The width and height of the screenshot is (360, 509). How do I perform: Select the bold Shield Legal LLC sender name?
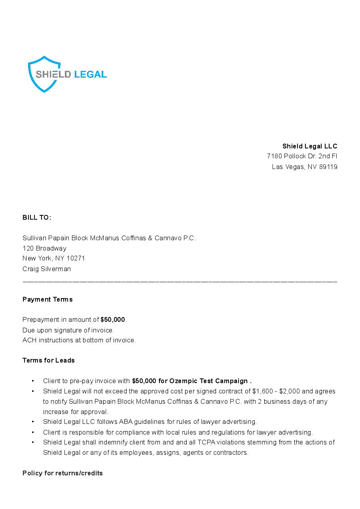[309, 146]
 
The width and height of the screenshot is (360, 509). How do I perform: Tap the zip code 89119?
[328, 167]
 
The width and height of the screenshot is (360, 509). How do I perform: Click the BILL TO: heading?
[37, 218]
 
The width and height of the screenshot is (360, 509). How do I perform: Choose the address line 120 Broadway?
[44, 249]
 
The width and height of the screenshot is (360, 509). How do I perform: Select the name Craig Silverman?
[47, 269]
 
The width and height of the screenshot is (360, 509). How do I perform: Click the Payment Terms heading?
[47, 300]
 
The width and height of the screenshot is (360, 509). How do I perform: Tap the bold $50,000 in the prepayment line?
[113, 320]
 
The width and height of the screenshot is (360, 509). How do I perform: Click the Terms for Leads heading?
[49, 361]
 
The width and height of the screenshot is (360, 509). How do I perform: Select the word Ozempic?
[183, 381]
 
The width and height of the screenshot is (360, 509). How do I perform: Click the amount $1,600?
[262, 391]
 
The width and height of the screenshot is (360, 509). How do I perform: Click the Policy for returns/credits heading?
[63, 473]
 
